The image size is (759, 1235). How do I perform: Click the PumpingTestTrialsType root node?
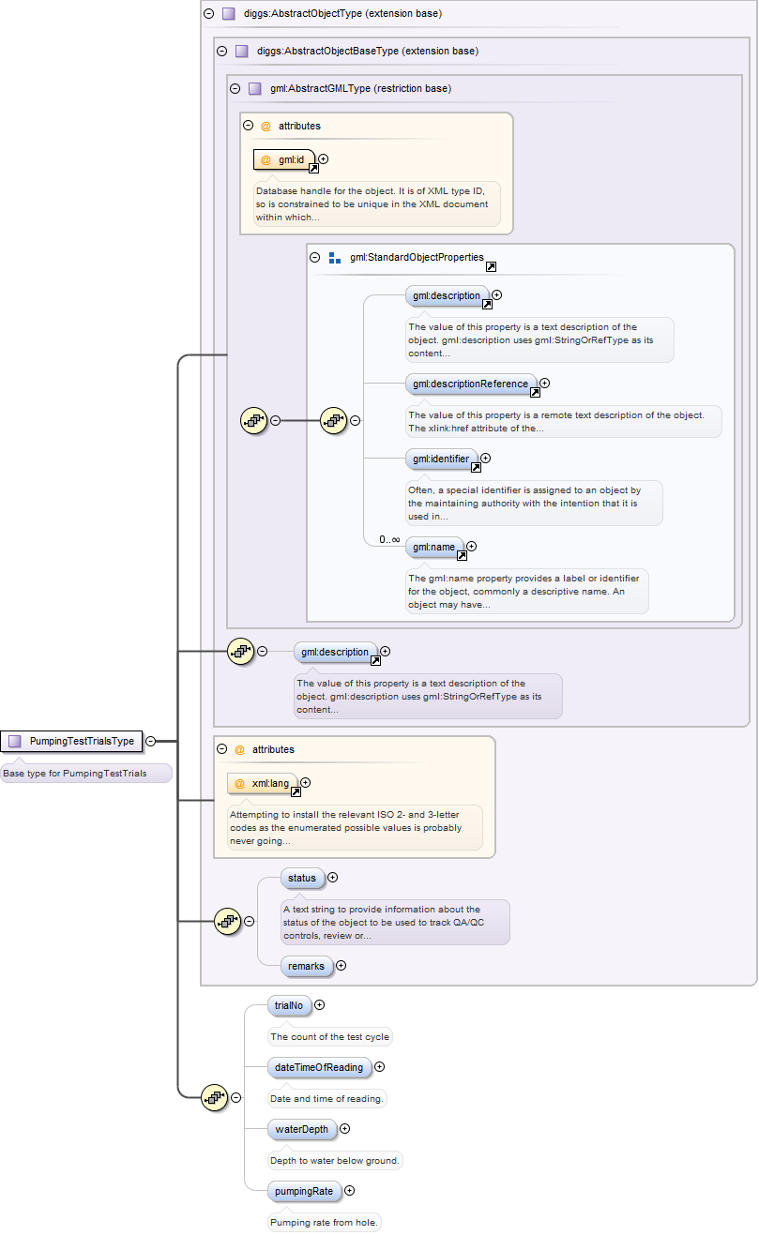tap(72, 742)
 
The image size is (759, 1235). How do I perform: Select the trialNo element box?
tap(288, 1005)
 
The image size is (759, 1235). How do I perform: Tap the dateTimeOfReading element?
tap(319, 1067)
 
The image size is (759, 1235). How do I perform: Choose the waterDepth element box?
tap(302, 1129)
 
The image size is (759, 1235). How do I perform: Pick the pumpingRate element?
tap(303, 1191)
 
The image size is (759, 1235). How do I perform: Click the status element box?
tap(302, 878)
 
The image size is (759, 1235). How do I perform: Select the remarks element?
tap(306, 965)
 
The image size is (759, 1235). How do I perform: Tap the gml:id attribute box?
tap(284, 159)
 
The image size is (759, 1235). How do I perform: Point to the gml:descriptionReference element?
tap(472, 384)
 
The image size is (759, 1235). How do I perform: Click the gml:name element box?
tap(434, 547)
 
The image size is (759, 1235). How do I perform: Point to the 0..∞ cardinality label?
tap(389, 540)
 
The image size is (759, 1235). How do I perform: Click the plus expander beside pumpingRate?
tap(350, 1191)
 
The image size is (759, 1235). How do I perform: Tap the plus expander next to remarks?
tap(341, 965)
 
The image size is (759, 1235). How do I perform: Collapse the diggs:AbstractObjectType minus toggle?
tap(208, 14)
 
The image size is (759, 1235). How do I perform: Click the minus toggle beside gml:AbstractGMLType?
tap(235, 89)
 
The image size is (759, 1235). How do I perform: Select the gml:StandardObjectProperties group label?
tap(417, 257)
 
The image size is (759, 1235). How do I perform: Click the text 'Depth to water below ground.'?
tap(335, 1161)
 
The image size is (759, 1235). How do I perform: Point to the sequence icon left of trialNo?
tap(214, 1097)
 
